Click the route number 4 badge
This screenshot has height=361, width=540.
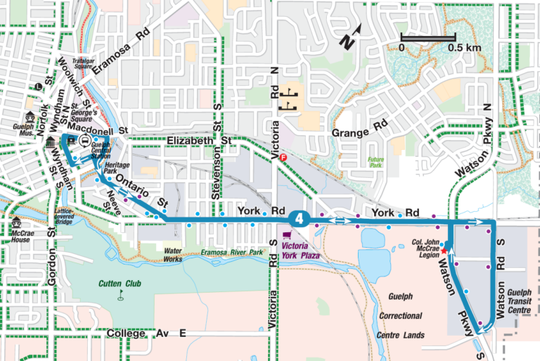[x=300, y=219]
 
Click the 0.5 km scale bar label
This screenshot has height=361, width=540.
[x=463, y=47]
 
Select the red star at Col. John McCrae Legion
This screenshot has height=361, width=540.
[x=444, y=251]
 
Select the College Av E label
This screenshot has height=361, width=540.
[x=147, y=333]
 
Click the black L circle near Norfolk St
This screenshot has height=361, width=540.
[x=37, y=87]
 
